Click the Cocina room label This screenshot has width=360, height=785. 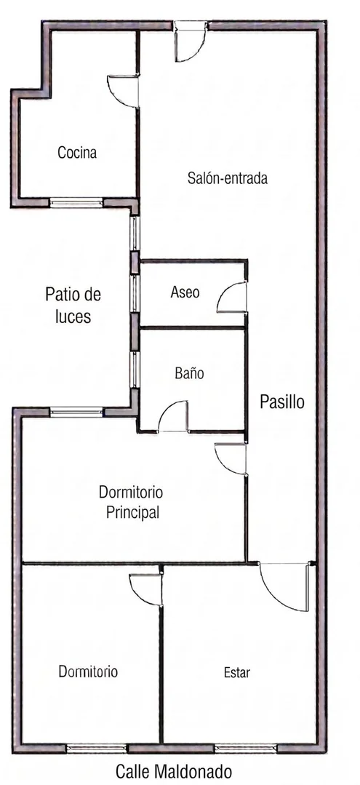point(77,152)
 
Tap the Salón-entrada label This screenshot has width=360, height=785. point(228,178)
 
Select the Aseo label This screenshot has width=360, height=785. point(185,292)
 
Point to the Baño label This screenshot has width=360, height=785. point(190,373)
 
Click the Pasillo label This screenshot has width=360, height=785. point(282,402)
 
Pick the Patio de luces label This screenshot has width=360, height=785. point(73,305)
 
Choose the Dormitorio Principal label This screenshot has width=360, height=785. point(131,502)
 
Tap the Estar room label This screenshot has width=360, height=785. point(237,672)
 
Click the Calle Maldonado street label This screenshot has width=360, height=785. point(174,770)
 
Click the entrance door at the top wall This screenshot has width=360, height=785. point(191,41)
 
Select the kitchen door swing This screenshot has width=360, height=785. point(123,91)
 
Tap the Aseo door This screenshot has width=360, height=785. point(232,297)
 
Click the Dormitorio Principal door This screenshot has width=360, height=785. point(231,458)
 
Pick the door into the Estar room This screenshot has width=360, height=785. point(284,586)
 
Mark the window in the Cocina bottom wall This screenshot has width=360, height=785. point(76,203)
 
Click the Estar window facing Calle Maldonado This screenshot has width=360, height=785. point(245,748)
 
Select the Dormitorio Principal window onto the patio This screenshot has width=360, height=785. point(76,413)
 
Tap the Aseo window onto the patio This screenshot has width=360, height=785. point(135,293)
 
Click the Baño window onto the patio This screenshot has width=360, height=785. point(135,370)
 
